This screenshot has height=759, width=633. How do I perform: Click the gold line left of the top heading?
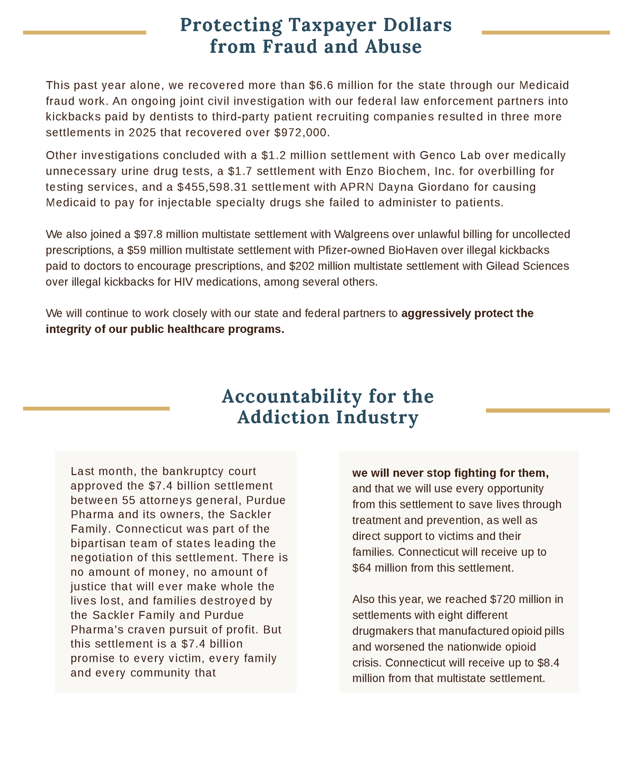click(85, 33)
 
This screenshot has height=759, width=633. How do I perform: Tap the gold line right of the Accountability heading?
click(547, 411)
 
